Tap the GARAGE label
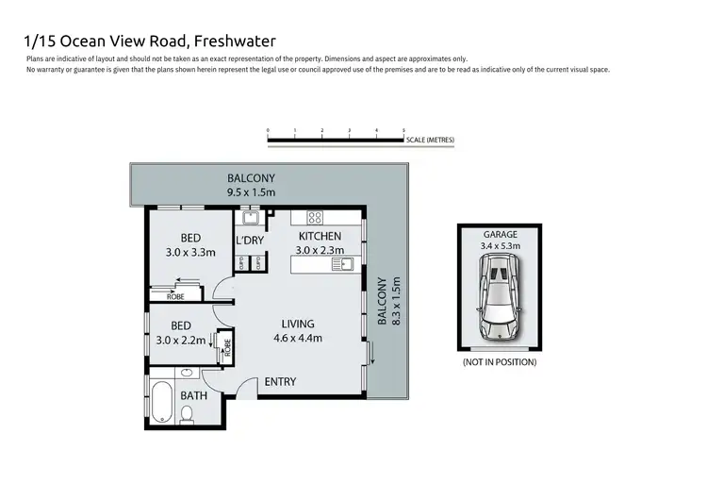tap(500, 234)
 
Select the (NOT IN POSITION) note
tap(500, 362)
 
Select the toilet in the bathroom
tap(188, 412)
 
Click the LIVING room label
tap(298, 324)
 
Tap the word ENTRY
tap(280, 382)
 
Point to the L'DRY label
tap(250, 241)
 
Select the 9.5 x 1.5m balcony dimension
tap(251, 192)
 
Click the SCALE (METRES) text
tap(431, 140)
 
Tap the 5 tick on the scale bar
tap(403, 131)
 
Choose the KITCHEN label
tap(320, 236)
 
